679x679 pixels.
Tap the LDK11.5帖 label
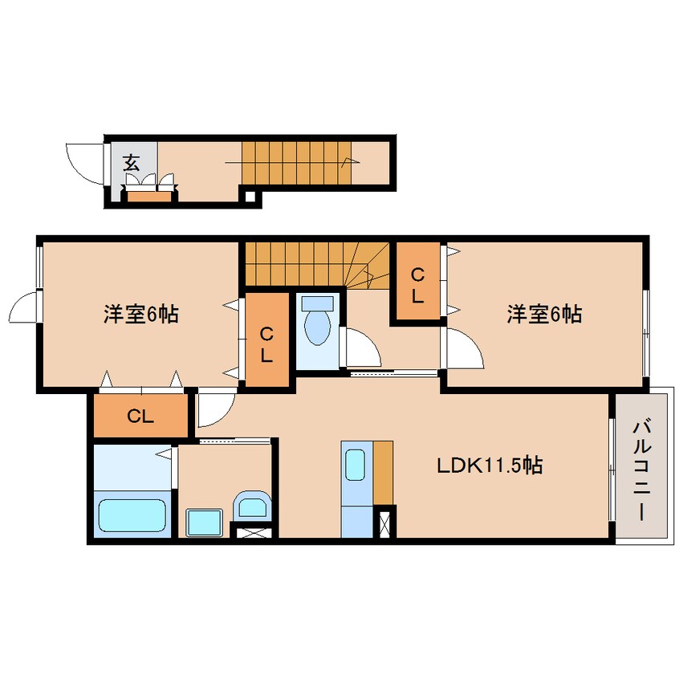(x=489, y=465)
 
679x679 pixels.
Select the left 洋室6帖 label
(x=140, y=314)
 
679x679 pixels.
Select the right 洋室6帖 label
(x=543, y=314)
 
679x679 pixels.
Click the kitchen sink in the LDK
(x=354, y=464)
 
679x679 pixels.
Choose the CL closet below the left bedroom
(x=140, y=417)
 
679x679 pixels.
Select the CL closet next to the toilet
(x=266, y=342)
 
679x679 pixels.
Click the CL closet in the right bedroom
(x=417, y=284)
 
